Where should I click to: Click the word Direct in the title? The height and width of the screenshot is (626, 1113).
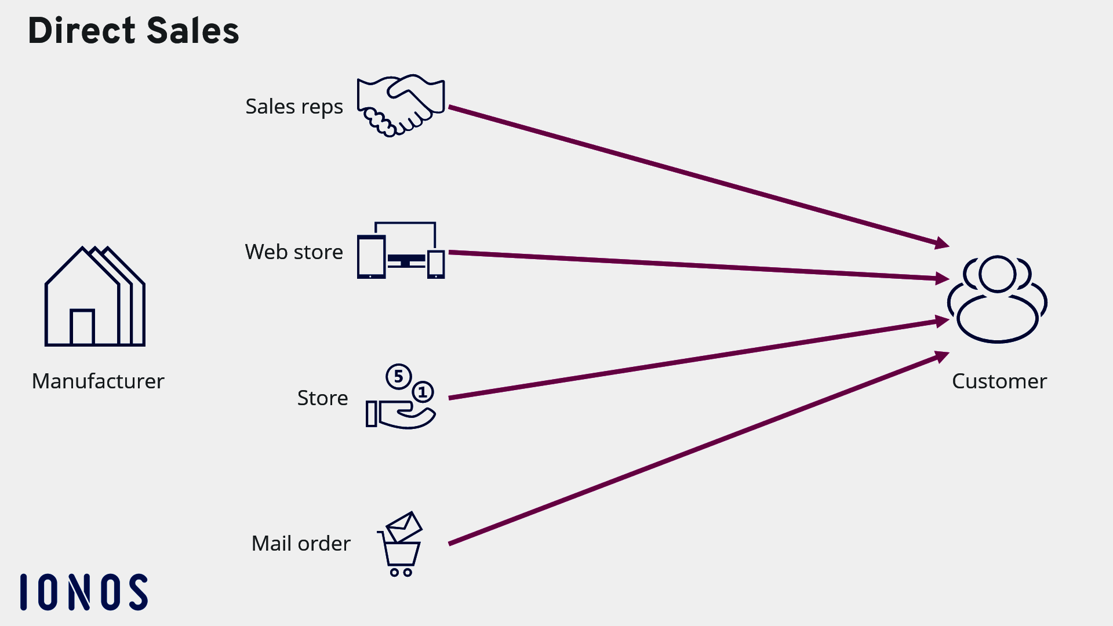[x=82, y=31]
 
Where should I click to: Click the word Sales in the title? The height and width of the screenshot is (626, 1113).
[x=192, y=31]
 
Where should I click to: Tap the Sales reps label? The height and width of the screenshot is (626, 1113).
[x=294, y=107]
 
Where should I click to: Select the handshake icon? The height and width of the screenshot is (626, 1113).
[x=401, y=105]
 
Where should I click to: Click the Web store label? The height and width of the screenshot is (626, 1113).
[x=294, y=252]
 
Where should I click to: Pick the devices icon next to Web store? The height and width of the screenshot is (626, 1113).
[x=401, y=251]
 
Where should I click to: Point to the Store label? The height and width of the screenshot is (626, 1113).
[x=322, y=398]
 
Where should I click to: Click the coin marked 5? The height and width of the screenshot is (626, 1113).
[x=398, y=377]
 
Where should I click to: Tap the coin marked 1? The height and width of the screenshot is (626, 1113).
[x=423, y=392]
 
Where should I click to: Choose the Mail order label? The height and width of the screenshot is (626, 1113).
[x=301, y=544]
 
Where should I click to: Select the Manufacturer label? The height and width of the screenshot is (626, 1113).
[x=98, y=381]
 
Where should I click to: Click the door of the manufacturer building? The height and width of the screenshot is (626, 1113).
[x=82, y=327]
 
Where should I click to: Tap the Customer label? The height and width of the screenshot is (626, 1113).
[x=999, y=381]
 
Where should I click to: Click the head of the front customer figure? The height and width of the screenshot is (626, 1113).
[x=997, y=274]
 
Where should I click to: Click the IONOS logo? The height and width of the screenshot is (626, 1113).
[x=84, y=592]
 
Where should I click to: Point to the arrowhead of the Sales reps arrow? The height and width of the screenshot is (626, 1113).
[x=942, y=243]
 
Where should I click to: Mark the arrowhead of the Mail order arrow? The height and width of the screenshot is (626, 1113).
[x=942, y=356]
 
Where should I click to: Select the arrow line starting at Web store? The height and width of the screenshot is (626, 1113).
[x=696, y=266]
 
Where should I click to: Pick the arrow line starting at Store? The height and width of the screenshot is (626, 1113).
[x=696, y=359]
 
